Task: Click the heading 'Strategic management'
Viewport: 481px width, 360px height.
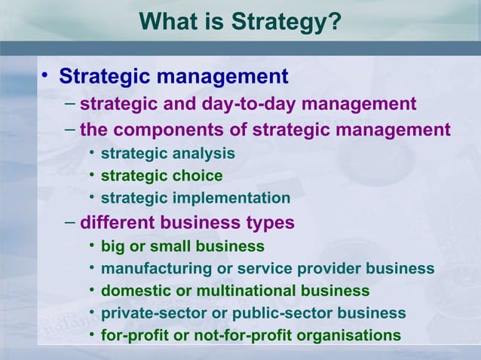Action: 173,76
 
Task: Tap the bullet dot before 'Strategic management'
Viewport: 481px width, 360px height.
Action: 45,75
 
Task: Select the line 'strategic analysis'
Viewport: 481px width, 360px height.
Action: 167,154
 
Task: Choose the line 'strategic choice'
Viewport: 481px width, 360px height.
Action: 161,176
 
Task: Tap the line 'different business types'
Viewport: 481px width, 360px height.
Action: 187,223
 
